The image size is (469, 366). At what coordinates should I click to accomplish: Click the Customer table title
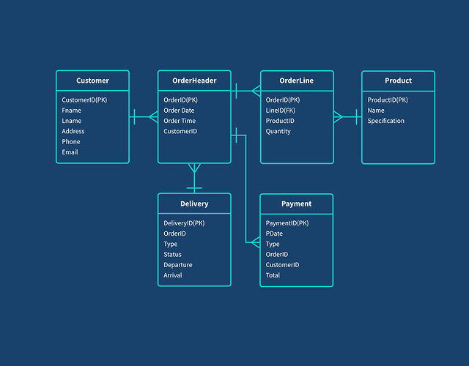click(x=92, y=81)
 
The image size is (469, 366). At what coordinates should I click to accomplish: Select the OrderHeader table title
click(x=194, y=81)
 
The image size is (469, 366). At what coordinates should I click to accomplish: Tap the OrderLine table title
click(x=297, y=81)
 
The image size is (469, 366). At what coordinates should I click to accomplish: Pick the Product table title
click(x=398, y=81)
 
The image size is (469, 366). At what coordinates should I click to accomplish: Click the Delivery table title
click(x=194, y=203)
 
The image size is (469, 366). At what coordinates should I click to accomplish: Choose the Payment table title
click(x=296, y=203)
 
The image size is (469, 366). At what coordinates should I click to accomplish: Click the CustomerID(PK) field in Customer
click(x=84, y=100)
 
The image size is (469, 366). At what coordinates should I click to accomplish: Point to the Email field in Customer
click(x=70, y=152)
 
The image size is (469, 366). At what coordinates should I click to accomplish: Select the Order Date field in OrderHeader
click(x=179, y=111)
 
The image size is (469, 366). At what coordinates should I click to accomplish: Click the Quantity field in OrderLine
click(x=278, y=132)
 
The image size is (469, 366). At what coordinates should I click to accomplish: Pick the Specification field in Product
click(x=385, y=121)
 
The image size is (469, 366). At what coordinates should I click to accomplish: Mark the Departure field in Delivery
click(x=178, y=265)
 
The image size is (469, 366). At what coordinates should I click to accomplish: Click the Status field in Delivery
click(x=172, y=255)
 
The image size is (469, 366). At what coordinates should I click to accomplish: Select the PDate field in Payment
click(x=274, y=234)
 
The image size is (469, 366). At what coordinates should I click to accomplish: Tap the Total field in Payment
click(x=273, y=275)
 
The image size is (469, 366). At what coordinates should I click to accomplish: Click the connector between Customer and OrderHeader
click(x=144, y=116)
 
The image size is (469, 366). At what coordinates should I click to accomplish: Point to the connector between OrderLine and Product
click(x=347, y=116)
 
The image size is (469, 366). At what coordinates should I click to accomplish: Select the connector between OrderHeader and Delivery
click(x=194, y=178)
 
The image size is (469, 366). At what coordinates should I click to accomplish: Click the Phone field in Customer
click(x=71, y=142)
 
